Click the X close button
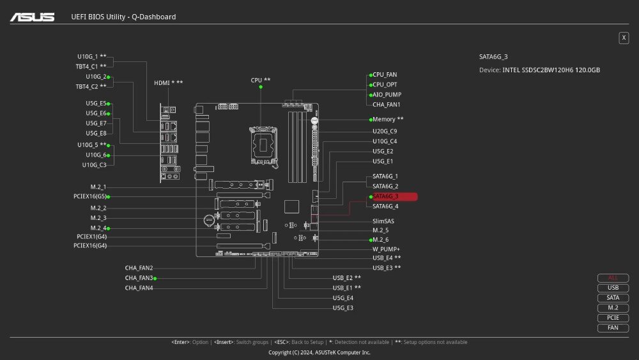tap(624, 38)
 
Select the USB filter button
tap(613, 288)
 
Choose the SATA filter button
tap(613, 298)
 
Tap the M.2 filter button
tap(613, 308)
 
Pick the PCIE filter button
tap(613, 318)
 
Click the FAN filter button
tap(613, 328)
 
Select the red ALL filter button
tap(613, 278)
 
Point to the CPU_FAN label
tap(385, 75)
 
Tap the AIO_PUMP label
tap(387, 95)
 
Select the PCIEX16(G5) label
tap(89, 196)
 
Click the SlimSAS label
tap(383, 221)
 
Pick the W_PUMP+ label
tap(386, 249)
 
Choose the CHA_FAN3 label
tap(139, 278)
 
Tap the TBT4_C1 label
tap(86, 67)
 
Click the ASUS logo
tap(32, 17)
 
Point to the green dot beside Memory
tap(371, 120)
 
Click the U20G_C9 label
tap(385, 131)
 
